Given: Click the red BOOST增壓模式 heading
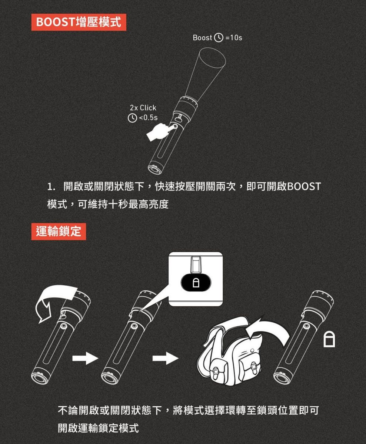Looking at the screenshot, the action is click(79, 22).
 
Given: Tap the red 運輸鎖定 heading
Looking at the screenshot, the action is click(59, 231).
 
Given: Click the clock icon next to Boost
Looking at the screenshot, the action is click(219, 38).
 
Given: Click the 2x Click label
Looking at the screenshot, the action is click(143, 108).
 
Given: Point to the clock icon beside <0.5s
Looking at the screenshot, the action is click(132, 118).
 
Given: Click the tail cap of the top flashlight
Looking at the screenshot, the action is click(155, 169).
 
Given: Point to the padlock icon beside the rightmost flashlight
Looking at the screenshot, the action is click(329, 339).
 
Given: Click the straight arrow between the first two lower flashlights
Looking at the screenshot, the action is click(85, 358).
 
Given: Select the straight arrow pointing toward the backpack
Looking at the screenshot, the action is click(166, 358).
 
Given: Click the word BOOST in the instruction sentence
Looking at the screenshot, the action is click(304, 186).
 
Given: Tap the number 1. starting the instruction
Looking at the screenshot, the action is click(51, 187).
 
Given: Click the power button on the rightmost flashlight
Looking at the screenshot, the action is click(307, 326).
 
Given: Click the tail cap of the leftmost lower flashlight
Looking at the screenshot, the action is click(39, 376).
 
